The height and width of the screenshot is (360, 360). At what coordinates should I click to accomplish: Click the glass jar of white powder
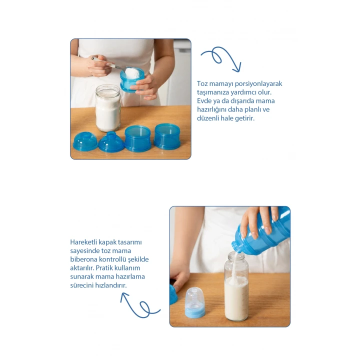point(108,107)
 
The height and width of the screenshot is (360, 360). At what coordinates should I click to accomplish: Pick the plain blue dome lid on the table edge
point(85,141)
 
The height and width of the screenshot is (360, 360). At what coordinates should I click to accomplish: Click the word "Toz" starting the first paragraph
point(202,83)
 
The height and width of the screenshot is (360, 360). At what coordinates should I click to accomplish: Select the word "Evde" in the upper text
point(204,101)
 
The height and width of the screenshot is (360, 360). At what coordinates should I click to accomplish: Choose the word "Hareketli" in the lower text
point(84,242)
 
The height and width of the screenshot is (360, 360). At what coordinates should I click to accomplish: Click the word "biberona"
point(83,259)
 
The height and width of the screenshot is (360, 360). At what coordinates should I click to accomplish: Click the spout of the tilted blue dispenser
point(236,247)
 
